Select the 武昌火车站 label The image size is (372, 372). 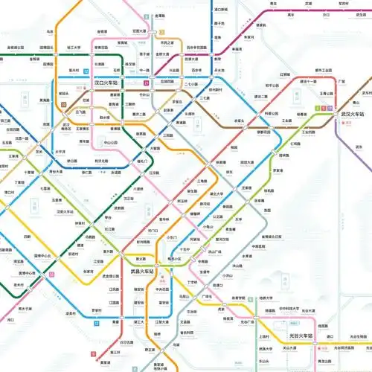[141, 272]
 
